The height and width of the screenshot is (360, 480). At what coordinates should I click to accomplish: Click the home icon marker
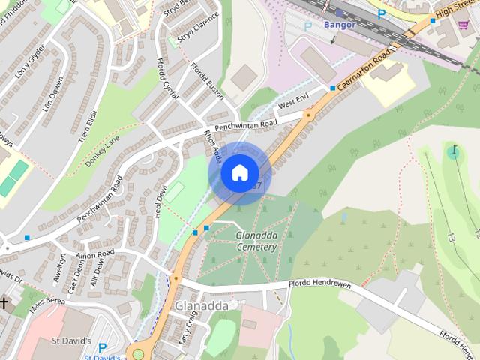pyautogui.click(x=239, y=173)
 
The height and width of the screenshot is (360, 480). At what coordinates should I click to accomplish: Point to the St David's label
pyautogui.click(x=72, y=341)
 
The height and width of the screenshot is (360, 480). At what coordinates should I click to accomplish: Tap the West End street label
pyautogui.click(x=293, y=103)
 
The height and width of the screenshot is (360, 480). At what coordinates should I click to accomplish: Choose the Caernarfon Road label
pyautogui.click(x=365, y=68)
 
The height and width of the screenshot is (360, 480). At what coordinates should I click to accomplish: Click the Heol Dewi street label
pyautogui.click(x=160, y=202)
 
